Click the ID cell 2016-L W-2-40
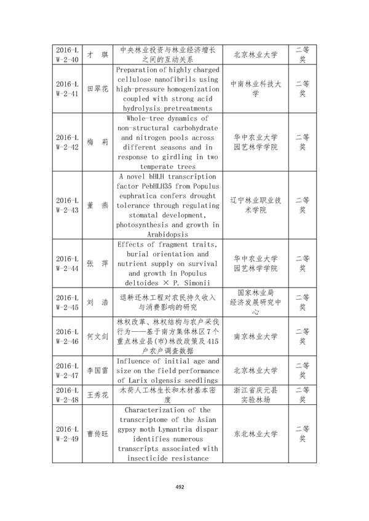coord(66,55)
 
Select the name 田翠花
coord(97,89)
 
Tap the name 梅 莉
coord(97,142)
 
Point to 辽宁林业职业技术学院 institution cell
coord(255,205)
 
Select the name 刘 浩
coord(97,302)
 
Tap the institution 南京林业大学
coord(255,337)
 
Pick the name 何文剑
coord(97,337)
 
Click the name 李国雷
coord(97,370)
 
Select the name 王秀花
coord(97,394)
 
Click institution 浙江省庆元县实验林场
coord(255,394)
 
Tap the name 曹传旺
coord(97,434)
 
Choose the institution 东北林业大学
coord(255,434)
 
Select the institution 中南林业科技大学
coord(255,89)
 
